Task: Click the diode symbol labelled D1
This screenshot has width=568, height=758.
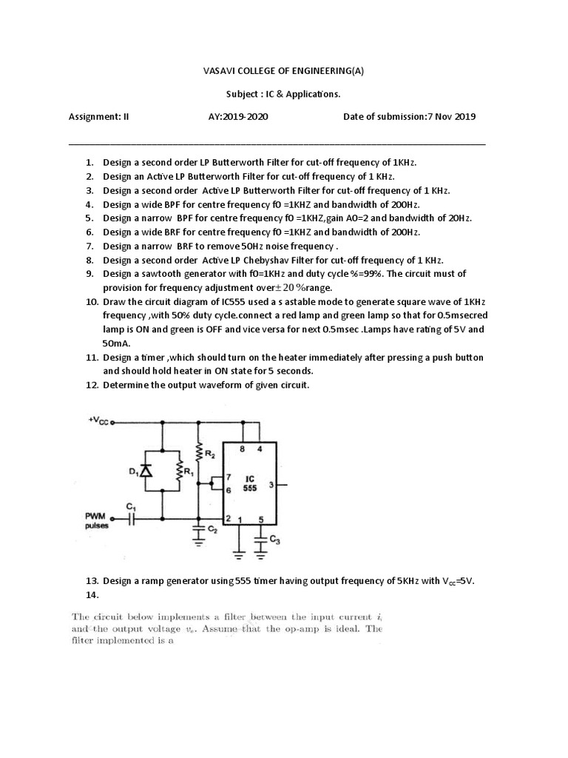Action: tap(146, 470)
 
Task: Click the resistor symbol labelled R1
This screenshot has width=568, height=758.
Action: tap(179, 470)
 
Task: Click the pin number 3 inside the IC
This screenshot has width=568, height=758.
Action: tap(271, 485)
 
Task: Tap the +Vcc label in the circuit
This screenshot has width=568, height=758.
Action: tap(98, 420)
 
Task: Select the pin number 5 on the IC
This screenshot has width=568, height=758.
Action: tap(260, 519)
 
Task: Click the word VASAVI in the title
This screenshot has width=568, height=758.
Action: tap(220, 71)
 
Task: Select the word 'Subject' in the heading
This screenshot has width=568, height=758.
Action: tap(243, 94)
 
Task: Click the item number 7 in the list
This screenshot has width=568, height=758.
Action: tap(89, 246)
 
